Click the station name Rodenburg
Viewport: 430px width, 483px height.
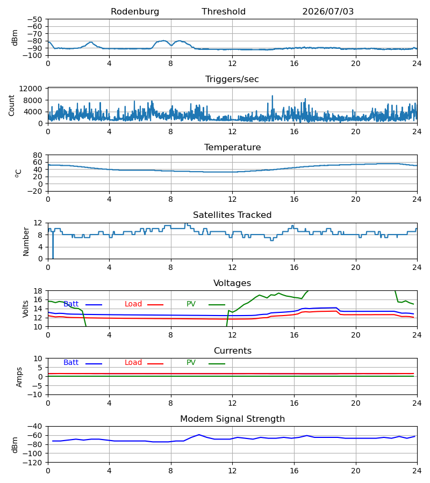[135, 12]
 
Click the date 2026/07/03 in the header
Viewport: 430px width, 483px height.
[328, 12]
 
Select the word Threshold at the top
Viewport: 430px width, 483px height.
[224, 12]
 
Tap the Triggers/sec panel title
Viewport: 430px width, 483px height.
[232, 79]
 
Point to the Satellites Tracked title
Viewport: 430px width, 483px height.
[232, 215]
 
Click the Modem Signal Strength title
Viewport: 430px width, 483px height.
[232, 419]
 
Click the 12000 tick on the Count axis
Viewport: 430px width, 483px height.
[31, 89]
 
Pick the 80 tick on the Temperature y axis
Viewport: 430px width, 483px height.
[38, 155]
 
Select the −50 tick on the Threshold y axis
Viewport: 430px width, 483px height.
[34, 19]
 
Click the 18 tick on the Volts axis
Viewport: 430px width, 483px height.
[38, 291]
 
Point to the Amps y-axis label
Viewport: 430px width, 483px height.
[19, 377]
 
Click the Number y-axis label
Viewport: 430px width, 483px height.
[26, 242]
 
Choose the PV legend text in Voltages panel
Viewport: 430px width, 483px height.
[191, 304]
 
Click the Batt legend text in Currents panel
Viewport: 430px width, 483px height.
[71, 363]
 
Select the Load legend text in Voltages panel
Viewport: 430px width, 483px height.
[133, 304]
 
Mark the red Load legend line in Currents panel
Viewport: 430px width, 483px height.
[155, 364]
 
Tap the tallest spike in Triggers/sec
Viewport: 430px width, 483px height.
[273, 96]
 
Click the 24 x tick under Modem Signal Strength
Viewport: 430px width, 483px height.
[417, 471]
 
